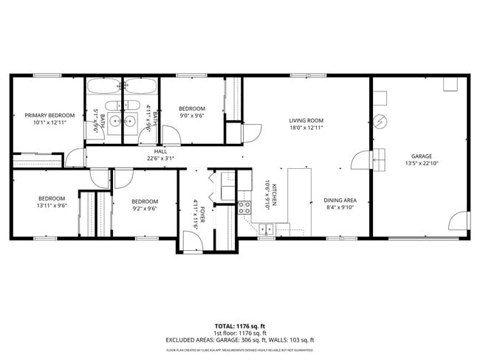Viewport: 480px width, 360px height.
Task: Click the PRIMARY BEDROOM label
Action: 49,115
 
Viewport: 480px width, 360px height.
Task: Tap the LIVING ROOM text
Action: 306,120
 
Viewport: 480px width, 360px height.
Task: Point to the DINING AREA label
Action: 340,200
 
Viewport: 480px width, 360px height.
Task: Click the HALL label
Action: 160,151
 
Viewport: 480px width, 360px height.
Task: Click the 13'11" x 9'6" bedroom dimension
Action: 52,207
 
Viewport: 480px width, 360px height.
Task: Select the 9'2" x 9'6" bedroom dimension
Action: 145,209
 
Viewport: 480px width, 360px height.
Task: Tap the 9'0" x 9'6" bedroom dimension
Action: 191,115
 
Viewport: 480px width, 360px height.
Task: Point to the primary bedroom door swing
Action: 75,158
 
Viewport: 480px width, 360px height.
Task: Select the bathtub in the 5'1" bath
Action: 103,86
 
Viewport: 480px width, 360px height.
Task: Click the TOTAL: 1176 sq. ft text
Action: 239,325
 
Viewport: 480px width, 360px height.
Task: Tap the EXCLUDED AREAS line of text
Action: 239,340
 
